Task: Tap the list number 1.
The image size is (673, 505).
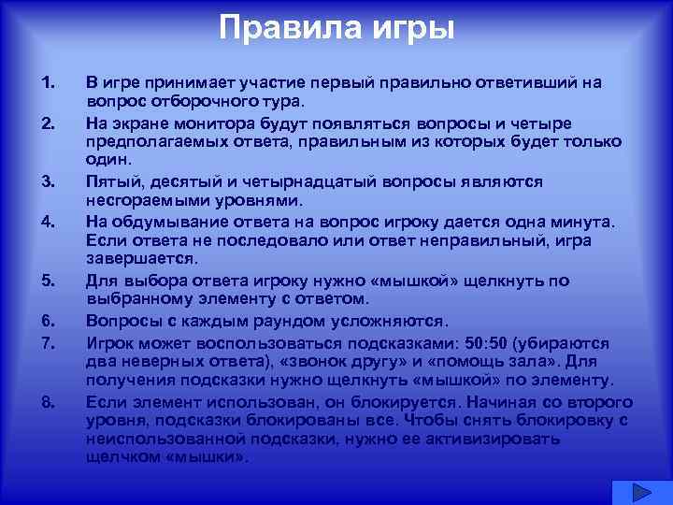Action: click(49, 83)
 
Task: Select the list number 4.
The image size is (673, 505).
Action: click(49, 222)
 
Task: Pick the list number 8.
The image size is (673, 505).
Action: click(49, 403)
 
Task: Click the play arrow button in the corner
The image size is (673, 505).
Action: click(642, 492)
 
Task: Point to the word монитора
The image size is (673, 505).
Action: click(221, 124)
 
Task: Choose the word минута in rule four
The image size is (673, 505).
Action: click(579, 222)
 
